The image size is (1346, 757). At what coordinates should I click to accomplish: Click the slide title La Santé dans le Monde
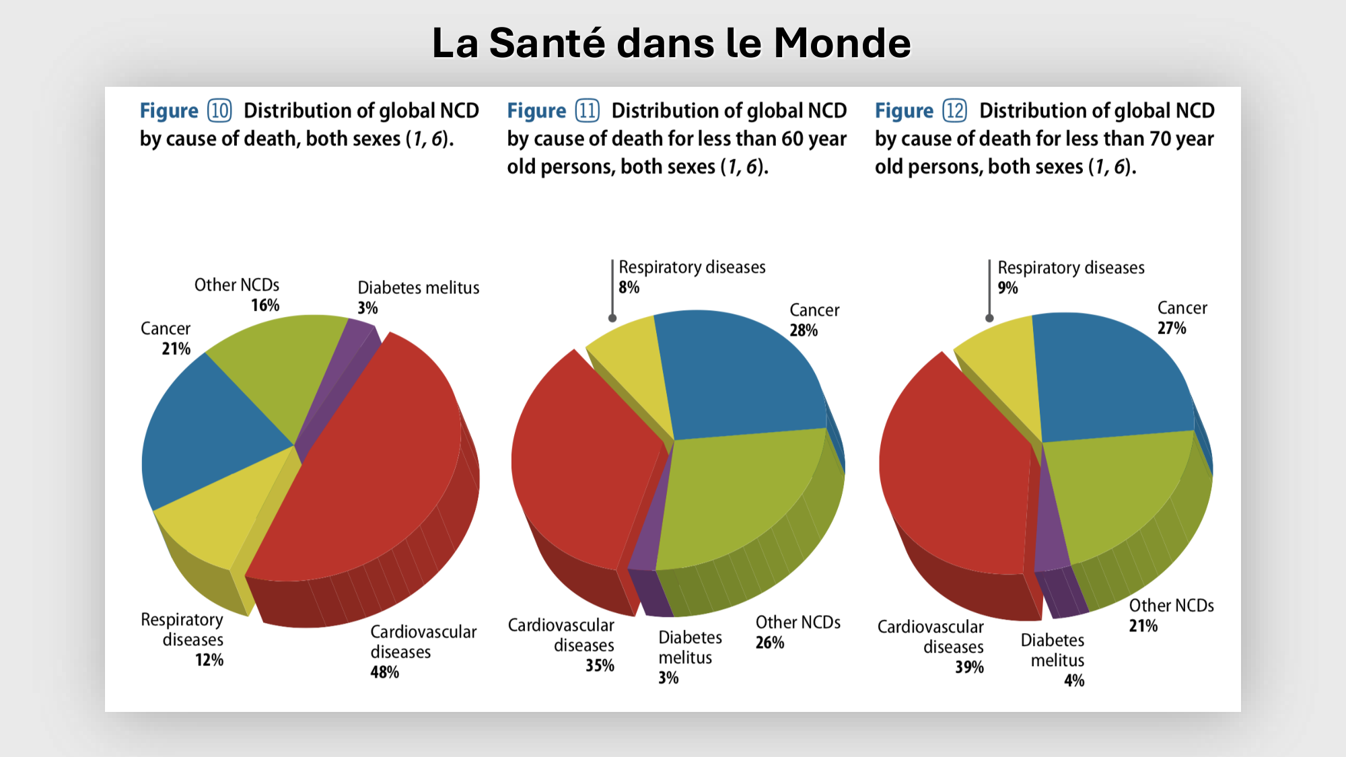[671, 43]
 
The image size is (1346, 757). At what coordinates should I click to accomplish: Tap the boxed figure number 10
[219, 110]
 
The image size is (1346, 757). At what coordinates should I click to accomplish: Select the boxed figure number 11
[587, 110]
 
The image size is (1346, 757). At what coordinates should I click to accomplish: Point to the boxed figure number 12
[954, 110]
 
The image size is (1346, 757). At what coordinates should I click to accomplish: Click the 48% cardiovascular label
[384, 672]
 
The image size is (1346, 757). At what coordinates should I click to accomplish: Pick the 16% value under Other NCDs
[265, 305]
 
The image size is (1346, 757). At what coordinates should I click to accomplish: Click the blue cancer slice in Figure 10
[209, 431]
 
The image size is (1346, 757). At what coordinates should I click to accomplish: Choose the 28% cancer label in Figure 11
[804, 330]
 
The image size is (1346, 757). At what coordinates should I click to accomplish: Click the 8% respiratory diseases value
[629, 287]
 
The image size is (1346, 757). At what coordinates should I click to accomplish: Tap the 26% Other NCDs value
[770, 643]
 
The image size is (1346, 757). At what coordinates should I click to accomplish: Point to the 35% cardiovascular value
[600, 665]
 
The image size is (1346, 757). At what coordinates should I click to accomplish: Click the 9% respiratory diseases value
[1007, 288]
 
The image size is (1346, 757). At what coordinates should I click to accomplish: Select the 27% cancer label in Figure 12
[1172, 328]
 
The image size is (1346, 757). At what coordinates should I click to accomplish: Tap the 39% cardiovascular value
[969, 667]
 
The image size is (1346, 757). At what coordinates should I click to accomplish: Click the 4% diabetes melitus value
[1074, 680]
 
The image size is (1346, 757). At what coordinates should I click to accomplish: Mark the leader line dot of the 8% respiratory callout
[612, 318]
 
